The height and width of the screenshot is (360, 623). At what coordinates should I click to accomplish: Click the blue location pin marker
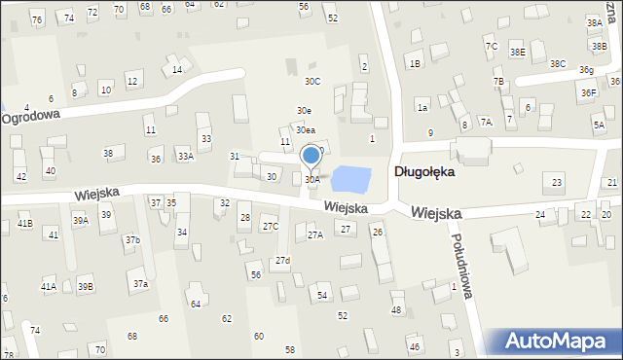[x=311, y=156]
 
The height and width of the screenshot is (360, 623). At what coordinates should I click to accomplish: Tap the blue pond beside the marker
[x=350, y=179]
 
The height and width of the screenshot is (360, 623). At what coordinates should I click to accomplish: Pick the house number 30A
[x=311, y=180]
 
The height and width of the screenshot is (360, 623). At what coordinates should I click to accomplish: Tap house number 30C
[x=312, y=82]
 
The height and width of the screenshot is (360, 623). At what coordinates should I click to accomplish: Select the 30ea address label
[x=306, y=129]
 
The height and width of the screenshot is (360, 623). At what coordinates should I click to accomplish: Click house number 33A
[x=185, y=156]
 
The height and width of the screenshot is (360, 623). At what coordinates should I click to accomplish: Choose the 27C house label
[x=271, y=227]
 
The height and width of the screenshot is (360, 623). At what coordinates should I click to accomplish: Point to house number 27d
[x=282, y=261]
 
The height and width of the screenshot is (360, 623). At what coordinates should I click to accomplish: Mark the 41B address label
[x=25, y=224]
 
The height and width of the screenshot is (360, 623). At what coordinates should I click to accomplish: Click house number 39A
[x=80, y=221]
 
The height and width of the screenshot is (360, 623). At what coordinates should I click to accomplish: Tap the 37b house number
[x=132, y=239]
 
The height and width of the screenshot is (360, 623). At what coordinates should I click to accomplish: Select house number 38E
[x=518, y=52]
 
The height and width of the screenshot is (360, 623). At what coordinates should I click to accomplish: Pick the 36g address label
[x=586, y=70]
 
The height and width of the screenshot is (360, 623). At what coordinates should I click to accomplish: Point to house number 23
[x=557, y=183]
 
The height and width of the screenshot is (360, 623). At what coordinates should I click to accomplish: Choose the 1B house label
[x=415, y=64]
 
